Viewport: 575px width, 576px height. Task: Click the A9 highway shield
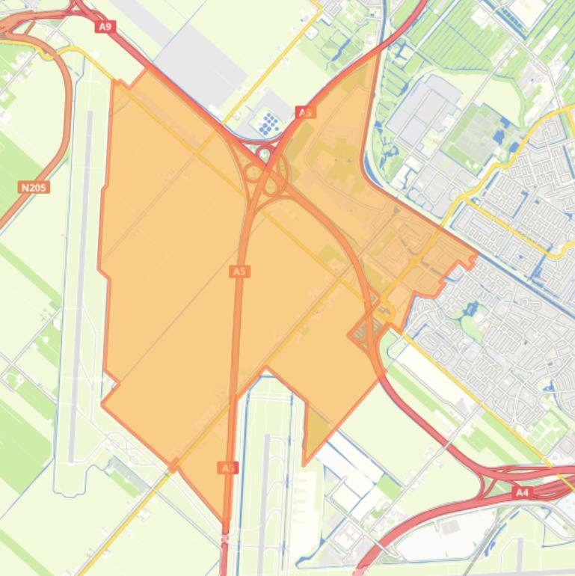(105, 27)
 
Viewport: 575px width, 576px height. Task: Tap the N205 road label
(34, 187)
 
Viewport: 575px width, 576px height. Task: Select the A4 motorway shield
(521, 493)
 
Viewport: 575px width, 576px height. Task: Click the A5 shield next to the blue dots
(304, 112)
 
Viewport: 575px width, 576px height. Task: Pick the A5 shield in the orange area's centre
(239, 272)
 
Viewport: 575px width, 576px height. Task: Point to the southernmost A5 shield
(228, 468)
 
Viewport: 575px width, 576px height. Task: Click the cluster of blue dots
(268, 124)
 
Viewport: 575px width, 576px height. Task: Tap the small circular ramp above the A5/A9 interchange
(263, 155)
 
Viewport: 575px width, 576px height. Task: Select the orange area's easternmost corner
(476, 256)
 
